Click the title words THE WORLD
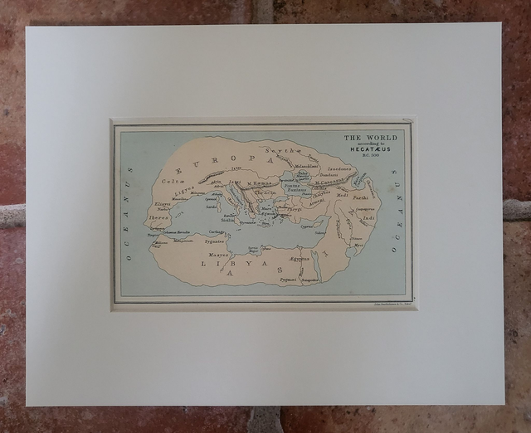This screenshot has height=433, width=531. click(370, 137)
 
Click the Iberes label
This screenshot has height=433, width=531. click(160, 219)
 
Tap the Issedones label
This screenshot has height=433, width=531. click(339, 168)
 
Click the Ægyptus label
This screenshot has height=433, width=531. click(300, 260)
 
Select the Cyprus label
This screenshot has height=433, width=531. click(306, 225)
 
